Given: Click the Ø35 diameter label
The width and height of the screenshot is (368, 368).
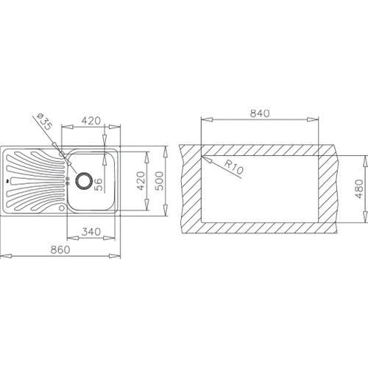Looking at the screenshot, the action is pyautogui.click(x=44, y=121).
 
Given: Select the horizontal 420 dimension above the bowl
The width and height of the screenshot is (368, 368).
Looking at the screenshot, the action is pyautogui.click(x=91, y=121).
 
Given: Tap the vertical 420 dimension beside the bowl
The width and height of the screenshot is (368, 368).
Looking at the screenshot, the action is pyautogui.click(x=141, y=181).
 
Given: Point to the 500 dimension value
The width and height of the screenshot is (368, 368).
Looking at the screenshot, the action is pyautogui.click(x=159, y=181).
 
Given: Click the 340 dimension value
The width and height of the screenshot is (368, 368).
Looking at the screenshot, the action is pyautogui.click(x=91, y=232).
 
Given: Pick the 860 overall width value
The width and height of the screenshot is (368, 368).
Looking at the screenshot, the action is pyautogui.click(x=60, y=250).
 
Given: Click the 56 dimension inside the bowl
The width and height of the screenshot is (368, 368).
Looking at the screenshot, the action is pyautogui.click(x=98, y=185).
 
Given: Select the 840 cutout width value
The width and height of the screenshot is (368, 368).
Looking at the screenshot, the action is pyautogui.click(x=260, y=113).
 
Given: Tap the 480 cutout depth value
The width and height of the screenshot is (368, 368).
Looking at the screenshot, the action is pyautogui.click(x=359, y=189).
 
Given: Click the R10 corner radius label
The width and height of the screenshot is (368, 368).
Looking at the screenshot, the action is pyautogui.click(x=234, y=167).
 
